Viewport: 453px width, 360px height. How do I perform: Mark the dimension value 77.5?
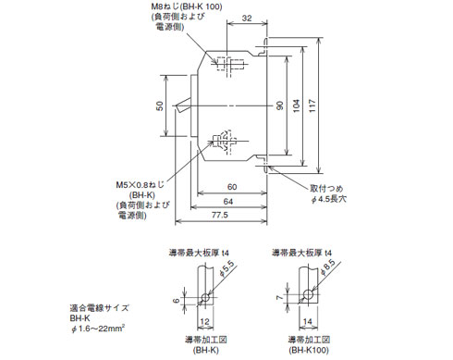(x=218, y=216)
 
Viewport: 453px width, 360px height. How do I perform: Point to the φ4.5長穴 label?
(x=328, y=200)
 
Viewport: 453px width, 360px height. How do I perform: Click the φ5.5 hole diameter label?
(x=225, y=269)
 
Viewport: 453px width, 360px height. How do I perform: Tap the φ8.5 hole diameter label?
(x=326, y=270)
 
